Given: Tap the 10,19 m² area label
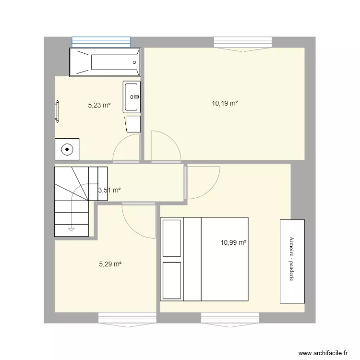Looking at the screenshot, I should point(225,103).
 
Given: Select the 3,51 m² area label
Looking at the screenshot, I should point(109,190).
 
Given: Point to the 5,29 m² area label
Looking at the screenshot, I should point(110,264).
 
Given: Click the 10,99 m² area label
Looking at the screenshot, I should point(233,243).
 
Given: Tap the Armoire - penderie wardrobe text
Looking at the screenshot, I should point(292,262).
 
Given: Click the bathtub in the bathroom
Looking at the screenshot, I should point(105,62).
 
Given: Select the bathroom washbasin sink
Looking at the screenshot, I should point(132,97).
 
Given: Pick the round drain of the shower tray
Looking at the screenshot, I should point(67,149).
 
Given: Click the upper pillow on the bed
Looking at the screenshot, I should point(172,238).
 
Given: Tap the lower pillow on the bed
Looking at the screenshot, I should point(172,280).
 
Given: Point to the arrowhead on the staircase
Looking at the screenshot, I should point(71,228).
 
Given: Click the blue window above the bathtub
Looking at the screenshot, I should point(101,42).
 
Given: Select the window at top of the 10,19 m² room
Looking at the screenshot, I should point(242,43).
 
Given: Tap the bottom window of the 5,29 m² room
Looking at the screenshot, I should point(127,318).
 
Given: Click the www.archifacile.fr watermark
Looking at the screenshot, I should point(324,352).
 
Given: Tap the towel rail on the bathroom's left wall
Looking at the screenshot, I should point(57,111).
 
